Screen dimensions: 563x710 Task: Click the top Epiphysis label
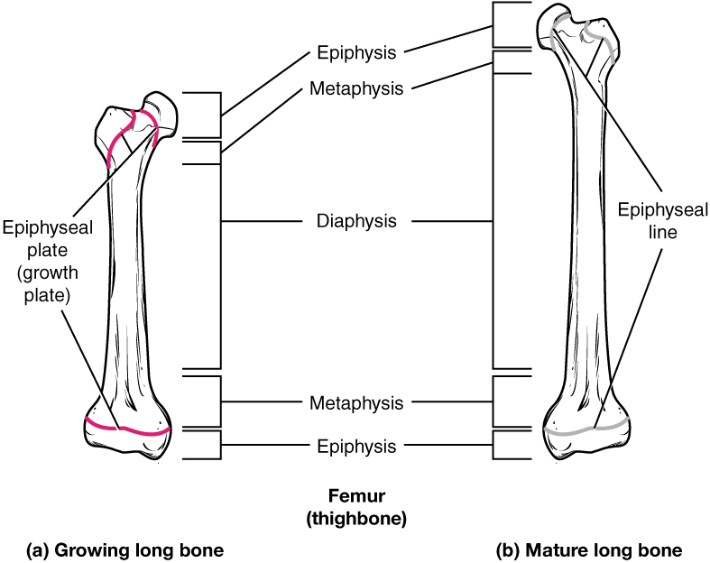(x=356, y=53)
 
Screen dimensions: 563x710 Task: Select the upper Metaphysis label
(x=355, y=88)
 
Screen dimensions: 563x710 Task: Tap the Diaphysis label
(x=356, y=221)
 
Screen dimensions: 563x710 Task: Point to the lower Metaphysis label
(x=356, y=402)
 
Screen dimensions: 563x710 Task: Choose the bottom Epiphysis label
(x=356, y=446)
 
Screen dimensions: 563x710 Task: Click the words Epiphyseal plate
(x=36, y=237)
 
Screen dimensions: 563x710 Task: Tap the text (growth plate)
(x=36, y=282)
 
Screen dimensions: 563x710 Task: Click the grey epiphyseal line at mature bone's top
(x=603, y=41)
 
